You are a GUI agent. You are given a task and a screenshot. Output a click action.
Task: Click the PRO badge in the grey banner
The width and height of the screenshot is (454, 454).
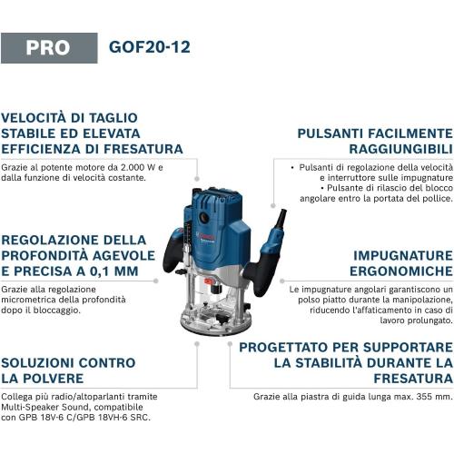[x=48, y=47]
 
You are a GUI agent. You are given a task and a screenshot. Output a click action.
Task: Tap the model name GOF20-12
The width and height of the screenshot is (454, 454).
[x=149, y=47]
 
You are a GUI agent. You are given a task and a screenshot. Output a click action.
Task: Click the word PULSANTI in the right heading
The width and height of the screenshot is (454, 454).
[x=335, y=133]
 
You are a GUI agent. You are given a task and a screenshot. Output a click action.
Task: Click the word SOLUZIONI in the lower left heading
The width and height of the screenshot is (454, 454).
[x=42, y=362]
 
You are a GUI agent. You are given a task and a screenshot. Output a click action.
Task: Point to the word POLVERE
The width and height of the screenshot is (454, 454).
[x=60, y=378]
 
